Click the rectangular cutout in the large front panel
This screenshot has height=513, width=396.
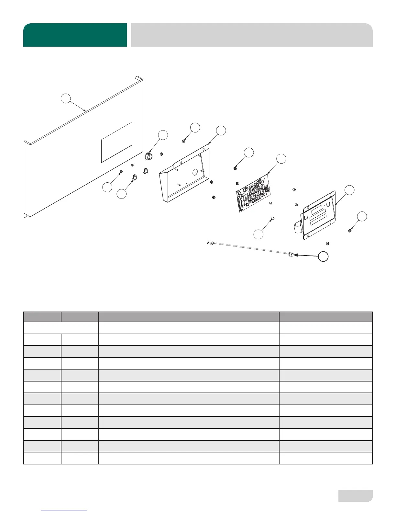[x=117, y=142]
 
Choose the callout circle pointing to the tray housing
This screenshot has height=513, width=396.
[x=221, y=131]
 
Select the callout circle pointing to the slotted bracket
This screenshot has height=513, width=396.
[x=349, y=190]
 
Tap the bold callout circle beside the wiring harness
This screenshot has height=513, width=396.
[x=323, y=256]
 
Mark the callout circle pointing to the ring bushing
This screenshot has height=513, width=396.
[x=163, y=135]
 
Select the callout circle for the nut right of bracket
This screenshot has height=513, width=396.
[x=362, y=216]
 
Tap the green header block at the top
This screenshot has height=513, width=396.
[x=75, y=35]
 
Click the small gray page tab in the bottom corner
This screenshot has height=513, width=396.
[x=355, y=496]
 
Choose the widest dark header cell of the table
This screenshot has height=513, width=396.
[x=189, y=317]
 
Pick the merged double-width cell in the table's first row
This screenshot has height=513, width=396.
[x=61, y=328]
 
